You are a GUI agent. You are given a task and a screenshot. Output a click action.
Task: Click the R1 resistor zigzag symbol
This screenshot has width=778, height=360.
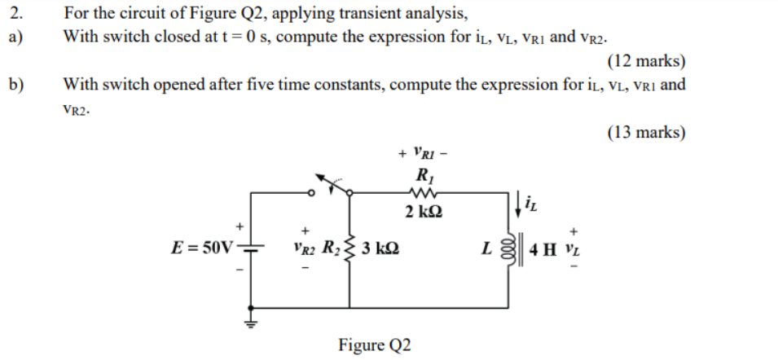[424, 193]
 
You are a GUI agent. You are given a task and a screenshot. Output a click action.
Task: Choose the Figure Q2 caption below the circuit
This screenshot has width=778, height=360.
[375, 345]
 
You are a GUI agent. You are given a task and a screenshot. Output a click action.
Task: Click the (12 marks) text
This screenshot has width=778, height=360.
[646, 62]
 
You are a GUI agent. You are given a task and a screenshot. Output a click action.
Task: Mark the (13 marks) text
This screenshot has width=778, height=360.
[646, 132]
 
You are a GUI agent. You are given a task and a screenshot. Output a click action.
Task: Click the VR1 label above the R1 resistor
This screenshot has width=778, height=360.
[427, 151]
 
